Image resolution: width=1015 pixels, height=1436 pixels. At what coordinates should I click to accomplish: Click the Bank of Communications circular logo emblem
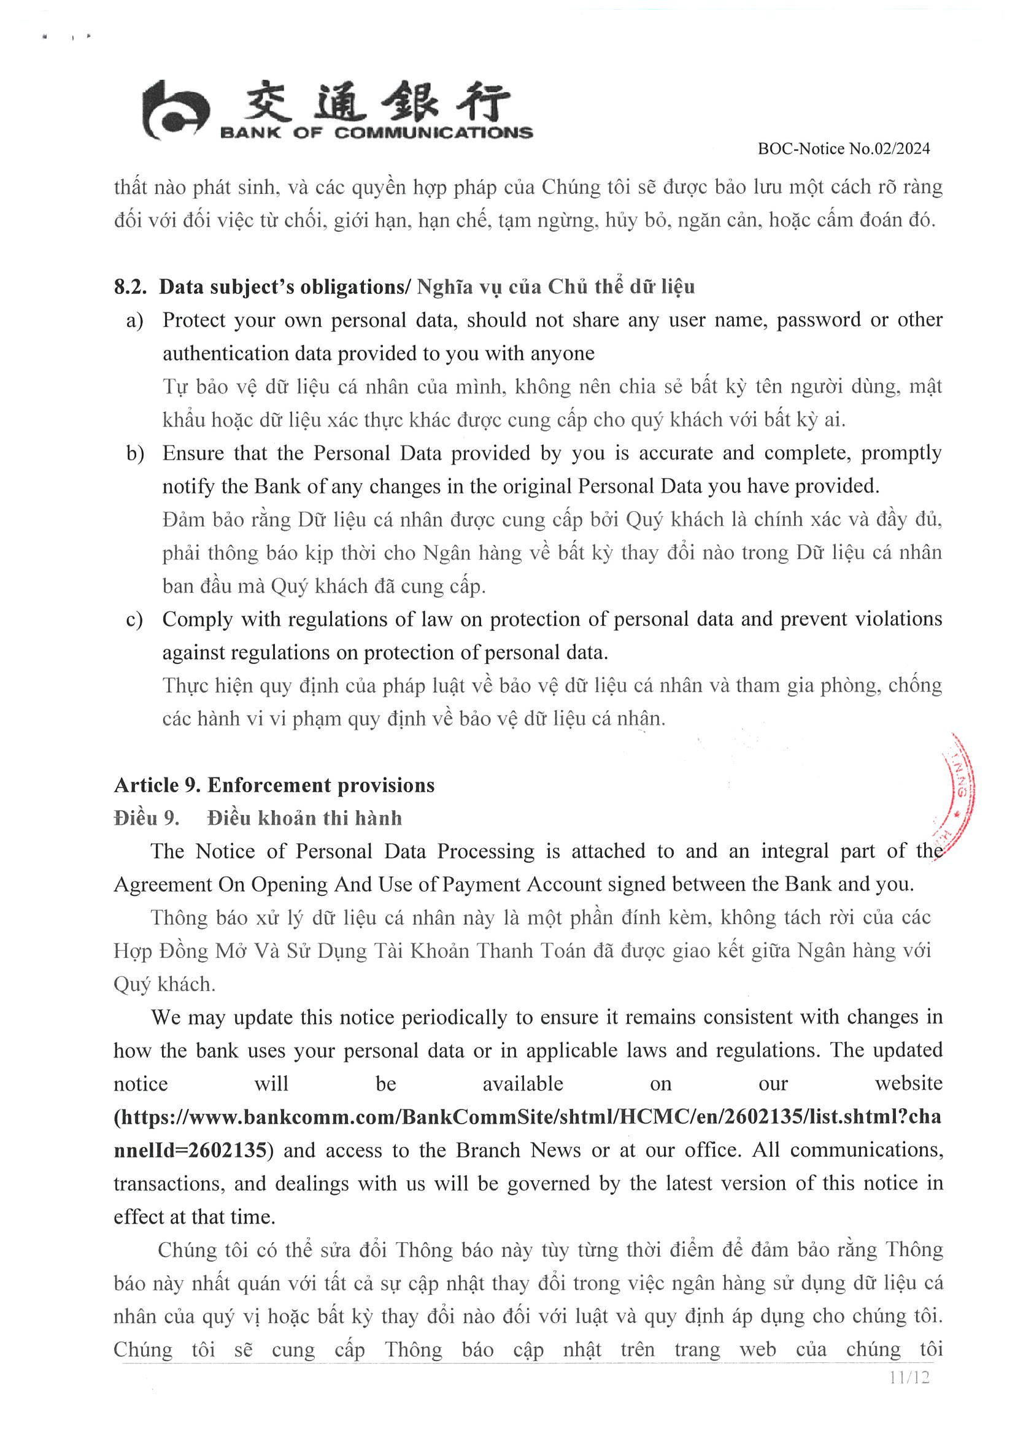pyautogui.click(x=174, y=110)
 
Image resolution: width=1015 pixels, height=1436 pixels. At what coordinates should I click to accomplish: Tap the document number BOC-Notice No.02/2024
pyautogui.click(x=844, y=149)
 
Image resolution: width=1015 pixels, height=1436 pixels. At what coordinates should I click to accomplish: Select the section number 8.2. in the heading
pyautogui.click(x=130, y=287)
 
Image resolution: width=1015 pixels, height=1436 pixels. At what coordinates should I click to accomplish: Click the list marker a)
pyautogui.click(x=135, y=321)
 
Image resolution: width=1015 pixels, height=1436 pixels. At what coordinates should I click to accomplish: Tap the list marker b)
pyautogui.click(x=135, y=454)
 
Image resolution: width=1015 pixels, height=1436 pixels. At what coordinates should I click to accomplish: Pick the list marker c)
pyautogui.click(x=134, y=620)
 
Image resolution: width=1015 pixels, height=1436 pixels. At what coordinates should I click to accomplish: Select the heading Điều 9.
pyautogui.click(x=146, y=818)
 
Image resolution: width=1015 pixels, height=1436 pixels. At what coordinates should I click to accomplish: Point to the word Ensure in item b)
pyautogui.click(x=193, y=454)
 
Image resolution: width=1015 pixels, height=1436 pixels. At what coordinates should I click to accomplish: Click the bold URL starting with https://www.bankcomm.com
pyautogui.click(x=527, y=1117)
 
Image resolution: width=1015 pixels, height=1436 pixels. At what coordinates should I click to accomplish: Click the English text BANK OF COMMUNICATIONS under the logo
pyautogui.click(x=376, y=133)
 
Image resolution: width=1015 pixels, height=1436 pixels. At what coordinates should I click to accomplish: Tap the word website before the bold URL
pyautogui.click(x=908, y=1084)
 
